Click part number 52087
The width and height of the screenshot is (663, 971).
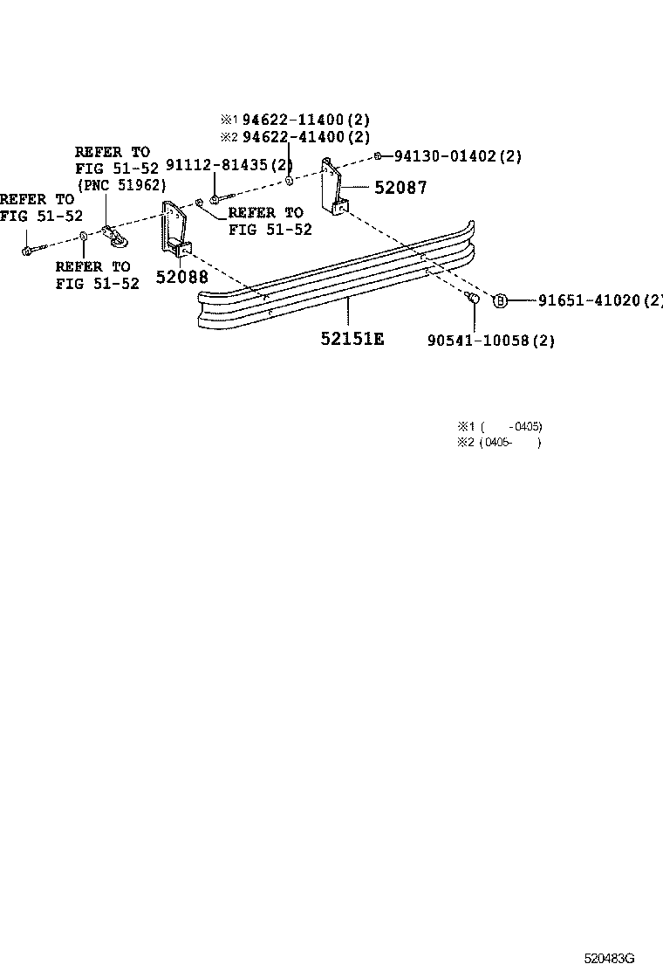coord(400,188)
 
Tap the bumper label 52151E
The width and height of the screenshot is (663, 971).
coord(352,337)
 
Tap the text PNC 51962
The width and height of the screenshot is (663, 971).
coord(122,185)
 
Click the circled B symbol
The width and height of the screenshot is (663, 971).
coord(501,300)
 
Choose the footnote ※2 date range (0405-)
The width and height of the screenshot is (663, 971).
coord(510,443)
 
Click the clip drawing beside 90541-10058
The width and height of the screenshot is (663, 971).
coord(473,300)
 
